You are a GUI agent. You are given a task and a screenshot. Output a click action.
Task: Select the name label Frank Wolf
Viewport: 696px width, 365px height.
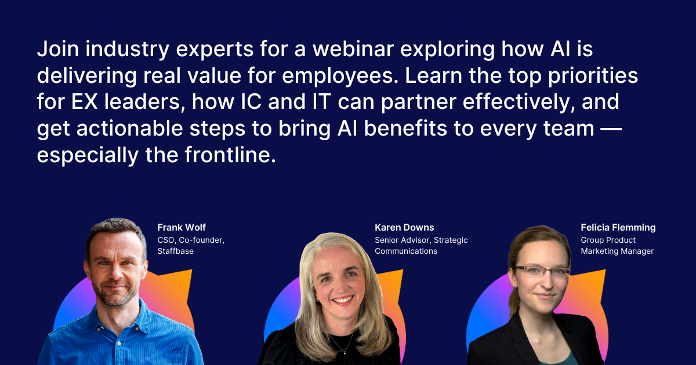point(182,227)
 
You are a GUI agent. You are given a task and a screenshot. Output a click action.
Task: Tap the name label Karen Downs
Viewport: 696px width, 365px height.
point(404,227)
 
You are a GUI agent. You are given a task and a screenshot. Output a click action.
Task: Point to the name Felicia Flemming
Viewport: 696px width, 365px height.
point(618,227)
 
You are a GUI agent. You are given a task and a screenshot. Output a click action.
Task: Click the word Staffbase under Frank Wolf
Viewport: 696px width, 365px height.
point(175,251)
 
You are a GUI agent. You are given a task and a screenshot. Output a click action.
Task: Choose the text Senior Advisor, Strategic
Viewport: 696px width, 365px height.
point(421,240)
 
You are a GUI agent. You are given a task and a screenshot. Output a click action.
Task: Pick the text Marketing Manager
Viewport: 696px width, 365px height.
point(617,251)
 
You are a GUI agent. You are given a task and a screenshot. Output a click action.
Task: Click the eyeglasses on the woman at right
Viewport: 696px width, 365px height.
point(540,271)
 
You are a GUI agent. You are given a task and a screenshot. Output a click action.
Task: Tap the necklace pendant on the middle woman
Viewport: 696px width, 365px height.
point(346,352)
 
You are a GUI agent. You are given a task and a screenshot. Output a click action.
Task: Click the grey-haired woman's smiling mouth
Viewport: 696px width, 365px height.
point(343,300)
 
